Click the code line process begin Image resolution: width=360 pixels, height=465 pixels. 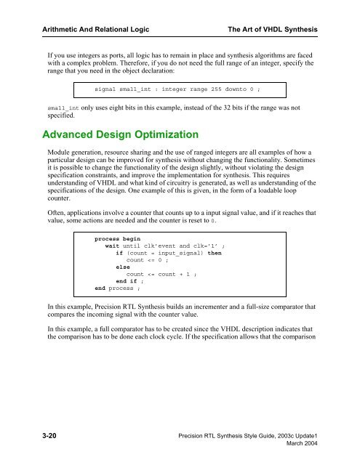click(119, 238)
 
